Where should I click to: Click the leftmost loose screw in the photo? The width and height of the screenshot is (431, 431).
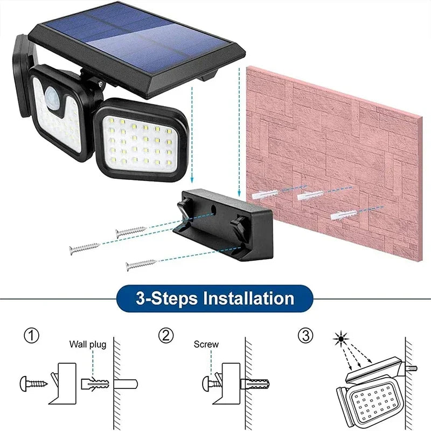84,248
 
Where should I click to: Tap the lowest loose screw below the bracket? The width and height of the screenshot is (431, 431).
141,265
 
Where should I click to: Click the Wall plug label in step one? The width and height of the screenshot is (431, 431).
87,344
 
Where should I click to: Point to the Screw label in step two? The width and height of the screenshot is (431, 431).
206,344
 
